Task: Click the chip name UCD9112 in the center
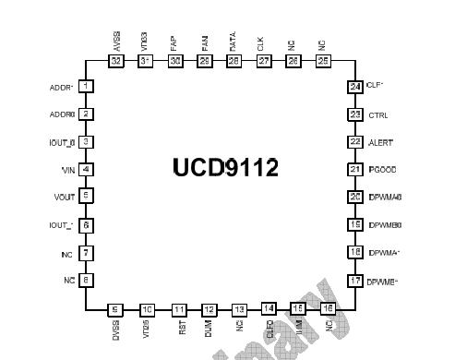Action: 225,166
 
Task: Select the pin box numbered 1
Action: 86,87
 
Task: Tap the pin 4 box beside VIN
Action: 86,169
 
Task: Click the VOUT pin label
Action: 62,197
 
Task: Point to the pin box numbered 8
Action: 86,280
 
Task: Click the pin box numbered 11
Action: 178,310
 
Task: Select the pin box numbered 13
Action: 239,310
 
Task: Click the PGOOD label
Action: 382,170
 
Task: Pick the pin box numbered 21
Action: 354,169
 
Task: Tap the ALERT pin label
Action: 381,142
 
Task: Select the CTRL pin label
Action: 378,114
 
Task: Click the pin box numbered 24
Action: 354,87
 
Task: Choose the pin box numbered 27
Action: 265,61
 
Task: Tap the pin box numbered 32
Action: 115,61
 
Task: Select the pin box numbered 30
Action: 174,61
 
